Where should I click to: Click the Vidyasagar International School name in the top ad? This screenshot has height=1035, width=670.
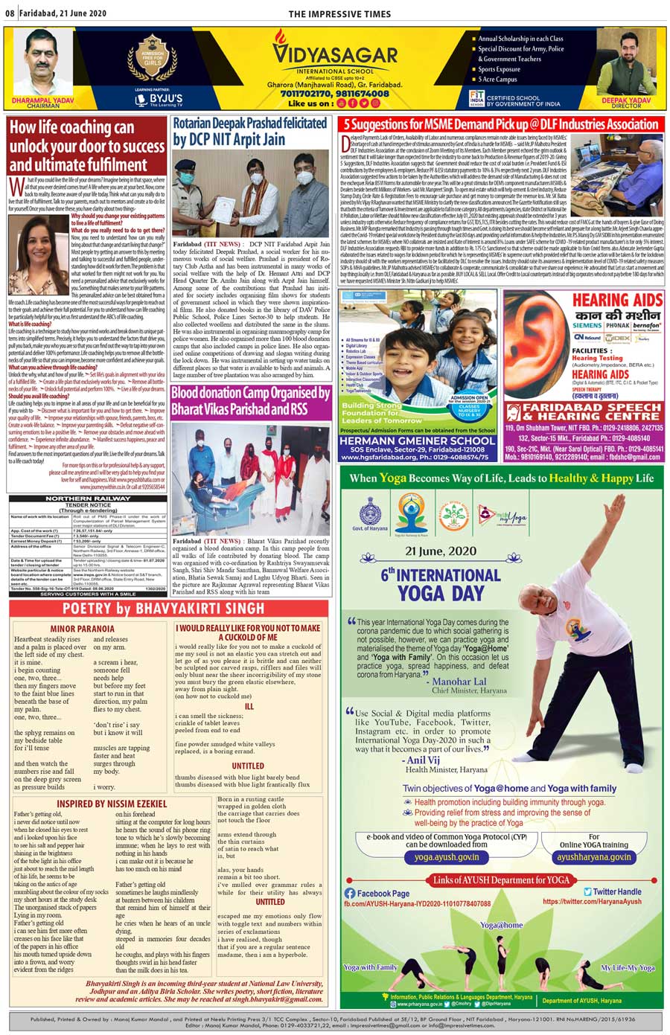click(x=334, y=57)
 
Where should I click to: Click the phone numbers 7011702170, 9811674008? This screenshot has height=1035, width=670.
click(x=334, y=94)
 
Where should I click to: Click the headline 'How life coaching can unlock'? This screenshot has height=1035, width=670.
click(x=87, y=146)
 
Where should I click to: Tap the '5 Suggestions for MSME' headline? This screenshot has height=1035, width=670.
click(x=500, y=124)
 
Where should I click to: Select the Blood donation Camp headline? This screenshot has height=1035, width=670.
click(x=250, y=401)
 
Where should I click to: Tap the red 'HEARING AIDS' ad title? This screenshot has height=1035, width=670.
click(x=617, y=300)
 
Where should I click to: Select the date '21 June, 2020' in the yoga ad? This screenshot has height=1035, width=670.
click(x=441, y=551)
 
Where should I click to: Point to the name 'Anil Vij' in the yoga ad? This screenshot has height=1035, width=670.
click(x=423, y=760)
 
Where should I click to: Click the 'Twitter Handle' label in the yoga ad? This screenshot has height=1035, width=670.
click(x=616, y=891)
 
